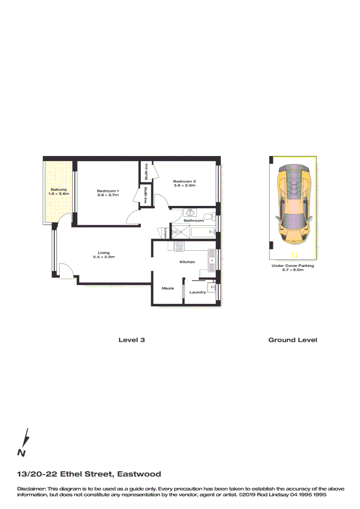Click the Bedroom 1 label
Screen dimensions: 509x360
click(108, 190)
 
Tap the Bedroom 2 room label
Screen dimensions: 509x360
click(184, 181)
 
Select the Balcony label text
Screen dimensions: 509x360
click(60, 190)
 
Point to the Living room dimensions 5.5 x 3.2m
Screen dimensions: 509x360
click(104, 257)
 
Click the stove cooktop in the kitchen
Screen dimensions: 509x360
click(180, 246)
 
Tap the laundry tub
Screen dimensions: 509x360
click(211, 287)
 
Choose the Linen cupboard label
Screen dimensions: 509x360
click(166, 233)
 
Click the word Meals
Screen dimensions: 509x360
click(168, 288)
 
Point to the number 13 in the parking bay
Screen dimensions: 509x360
click(294, 255)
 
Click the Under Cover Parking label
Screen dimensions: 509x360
click(293, 266)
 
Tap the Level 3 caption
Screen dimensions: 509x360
click(131, 340)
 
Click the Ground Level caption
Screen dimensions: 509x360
click(293, 340)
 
